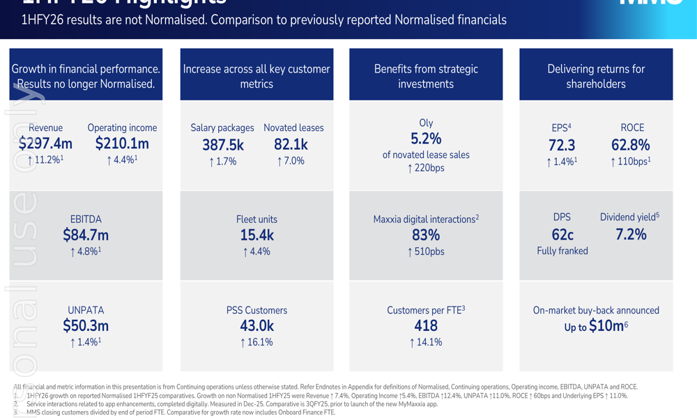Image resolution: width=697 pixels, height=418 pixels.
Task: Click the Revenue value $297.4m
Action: click(45, 144)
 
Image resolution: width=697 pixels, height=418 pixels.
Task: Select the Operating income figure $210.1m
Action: click(122, 144)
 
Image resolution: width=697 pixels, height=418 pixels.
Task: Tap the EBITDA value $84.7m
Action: click(86, 235)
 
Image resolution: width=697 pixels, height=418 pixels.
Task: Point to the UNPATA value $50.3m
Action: click(86, 325)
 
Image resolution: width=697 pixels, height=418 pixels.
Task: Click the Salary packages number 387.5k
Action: click(222, 145)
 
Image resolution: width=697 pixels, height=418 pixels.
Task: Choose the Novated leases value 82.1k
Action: click(291, 144)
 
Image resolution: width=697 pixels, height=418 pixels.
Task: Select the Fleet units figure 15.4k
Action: click(256, 235)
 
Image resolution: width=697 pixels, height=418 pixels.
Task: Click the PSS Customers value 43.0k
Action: click(256, 325)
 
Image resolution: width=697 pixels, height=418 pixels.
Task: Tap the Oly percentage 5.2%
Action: click(426, 139)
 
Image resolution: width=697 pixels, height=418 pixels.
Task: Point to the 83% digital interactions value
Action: click(426, 235)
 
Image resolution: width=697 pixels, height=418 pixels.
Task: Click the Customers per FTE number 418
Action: click(426, 325)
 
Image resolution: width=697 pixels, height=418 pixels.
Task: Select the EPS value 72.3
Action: click(562, 145)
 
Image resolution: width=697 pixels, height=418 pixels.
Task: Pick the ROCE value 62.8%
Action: click(631, 145)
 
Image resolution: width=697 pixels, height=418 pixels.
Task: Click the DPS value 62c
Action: click(562, 235)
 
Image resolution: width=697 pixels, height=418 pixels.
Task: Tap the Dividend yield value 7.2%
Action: click(631, 235)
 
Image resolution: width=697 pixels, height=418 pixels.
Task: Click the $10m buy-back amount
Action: click(606, 325)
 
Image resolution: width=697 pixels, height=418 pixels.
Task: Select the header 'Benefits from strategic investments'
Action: click(426, 77)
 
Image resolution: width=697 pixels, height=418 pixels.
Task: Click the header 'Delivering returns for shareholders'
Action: click(596, 77)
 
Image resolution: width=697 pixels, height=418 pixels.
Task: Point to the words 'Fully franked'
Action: click(562, 251)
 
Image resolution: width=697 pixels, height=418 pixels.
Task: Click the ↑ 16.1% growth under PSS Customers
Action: click(256, 342)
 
